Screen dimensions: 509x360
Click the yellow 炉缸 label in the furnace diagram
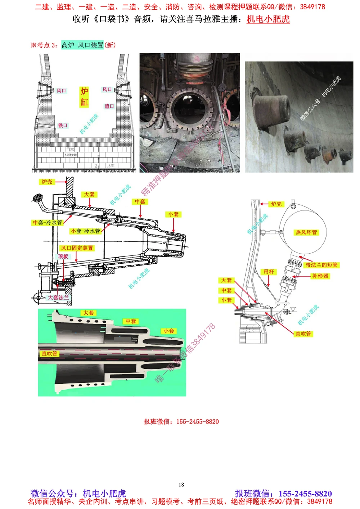84,97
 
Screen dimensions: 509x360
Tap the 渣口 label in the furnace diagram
109,106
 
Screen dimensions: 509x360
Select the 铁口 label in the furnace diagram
63,125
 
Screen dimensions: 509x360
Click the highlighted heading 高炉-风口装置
82,45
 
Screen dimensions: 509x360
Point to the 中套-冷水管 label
47,223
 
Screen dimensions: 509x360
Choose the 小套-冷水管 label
85,231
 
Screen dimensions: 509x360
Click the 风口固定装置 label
77,248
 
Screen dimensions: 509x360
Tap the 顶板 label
63,256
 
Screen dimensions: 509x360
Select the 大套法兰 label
58,297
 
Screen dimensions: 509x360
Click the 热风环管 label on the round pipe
306,232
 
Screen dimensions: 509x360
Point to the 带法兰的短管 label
321,265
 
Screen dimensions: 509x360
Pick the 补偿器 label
320,276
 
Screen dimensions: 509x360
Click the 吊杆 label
269,272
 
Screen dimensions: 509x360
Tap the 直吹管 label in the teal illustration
49,354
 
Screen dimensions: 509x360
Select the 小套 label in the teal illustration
168,331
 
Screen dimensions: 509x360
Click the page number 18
181,485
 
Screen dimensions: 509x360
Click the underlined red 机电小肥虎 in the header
268,19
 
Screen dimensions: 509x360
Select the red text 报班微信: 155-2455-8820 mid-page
181,422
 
